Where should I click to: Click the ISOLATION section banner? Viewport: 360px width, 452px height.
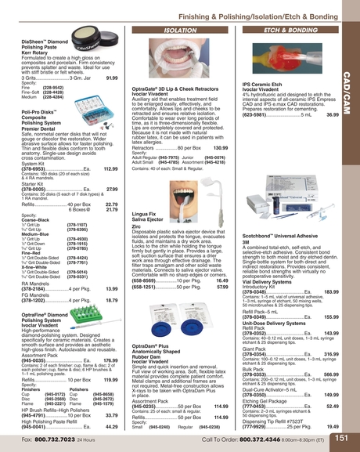179,29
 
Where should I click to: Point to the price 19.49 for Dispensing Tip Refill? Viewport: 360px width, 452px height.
333,426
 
